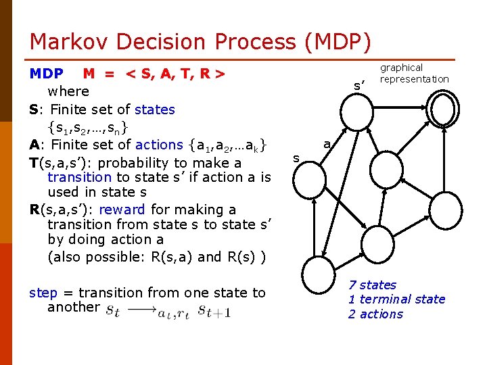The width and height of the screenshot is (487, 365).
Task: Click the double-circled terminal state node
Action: click(x=445, y=109)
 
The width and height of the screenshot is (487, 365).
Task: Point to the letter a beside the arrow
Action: click(x=327, y=144)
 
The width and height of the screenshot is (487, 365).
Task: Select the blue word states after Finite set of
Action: click(x=154, y=109)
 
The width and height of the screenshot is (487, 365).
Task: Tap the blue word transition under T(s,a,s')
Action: click(x=79, y=177)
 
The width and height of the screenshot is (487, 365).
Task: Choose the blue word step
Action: click(x=43, y=293)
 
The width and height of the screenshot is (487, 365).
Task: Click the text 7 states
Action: click(x=372, y=285)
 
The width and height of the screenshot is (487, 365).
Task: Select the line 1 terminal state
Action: click(x=396, y=299)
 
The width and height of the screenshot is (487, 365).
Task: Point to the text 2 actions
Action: click(x=375, y=314)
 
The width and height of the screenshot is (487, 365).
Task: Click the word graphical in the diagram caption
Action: click(x=401, y=68)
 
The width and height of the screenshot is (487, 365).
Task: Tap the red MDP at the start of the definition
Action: click(x=47, y=73)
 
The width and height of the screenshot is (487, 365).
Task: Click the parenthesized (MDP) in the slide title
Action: click(x=338, y=42)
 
